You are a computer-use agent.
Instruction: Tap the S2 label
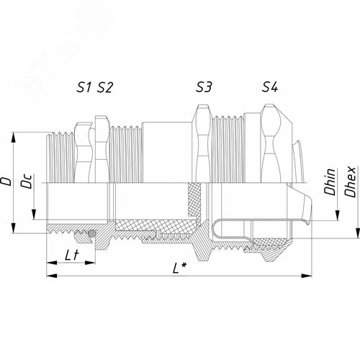pos(105,89)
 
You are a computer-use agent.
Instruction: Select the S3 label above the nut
pos(204,89)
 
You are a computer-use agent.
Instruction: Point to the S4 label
pos(270,89)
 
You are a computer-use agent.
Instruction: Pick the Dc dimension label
pos(27,184)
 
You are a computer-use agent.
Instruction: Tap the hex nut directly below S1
pos(87,151)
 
